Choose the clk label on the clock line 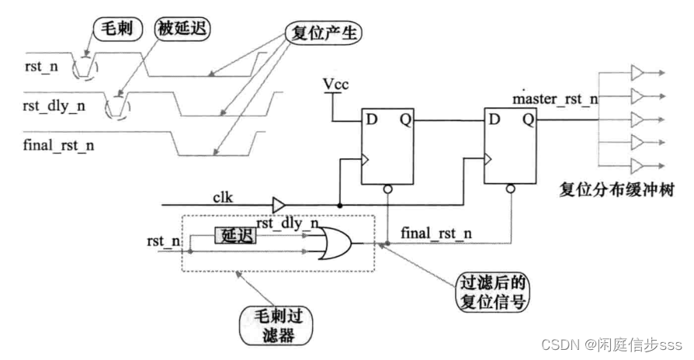click(x=226, y=197)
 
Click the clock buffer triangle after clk click(x=278, y=206)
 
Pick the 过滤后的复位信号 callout click(x=488, y=287)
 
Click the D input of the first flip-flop click(x=371, y=120)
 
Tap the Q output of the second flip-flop click(x=528, y=120)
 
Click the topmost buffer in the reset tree click(x=637, y=73)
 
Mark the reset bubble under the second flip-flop click(x=509, y=189)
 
